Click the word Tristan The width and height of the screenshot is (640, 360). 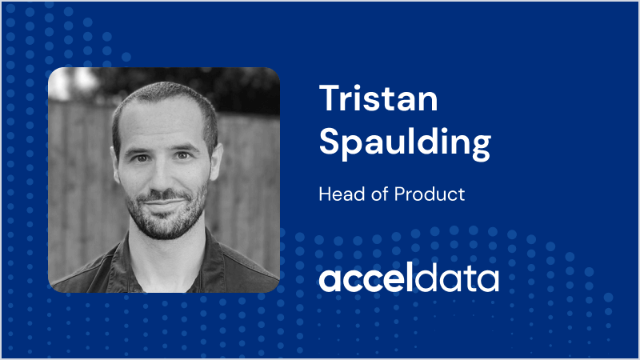[x=378, y=98]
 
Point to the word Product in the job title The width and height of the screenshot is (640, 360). [x=430, y=194]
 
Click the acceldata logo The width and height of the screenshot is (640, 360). [x=409, y=278]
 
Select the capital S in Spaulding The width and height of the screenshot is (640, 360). [x=329, y=140]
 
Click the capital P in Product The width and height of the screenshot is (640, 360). [x=399, y=194]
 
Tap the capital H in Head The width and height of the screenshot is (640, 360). [x=325, y=194]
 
